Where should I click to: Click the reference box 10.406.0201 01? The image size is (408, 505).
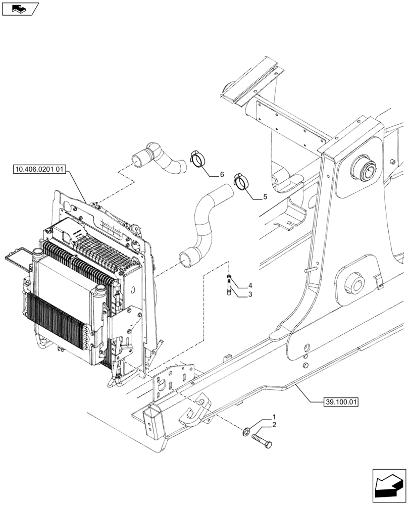(x=37, y=170)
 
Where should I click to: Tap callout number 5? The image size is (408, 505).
(x=265, y=197)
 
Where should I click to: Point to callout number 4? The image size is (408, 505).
(x=250, y=286)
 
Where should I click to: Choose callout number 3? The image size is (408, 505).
(x=250, y=294)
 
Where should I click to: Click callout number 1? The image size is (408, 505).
(x=274, y=417)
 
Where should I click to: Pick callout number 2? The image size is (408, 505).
(x=274, y=425)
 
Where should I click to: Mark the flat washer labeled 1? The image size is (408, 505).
(x=245, y=431)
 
